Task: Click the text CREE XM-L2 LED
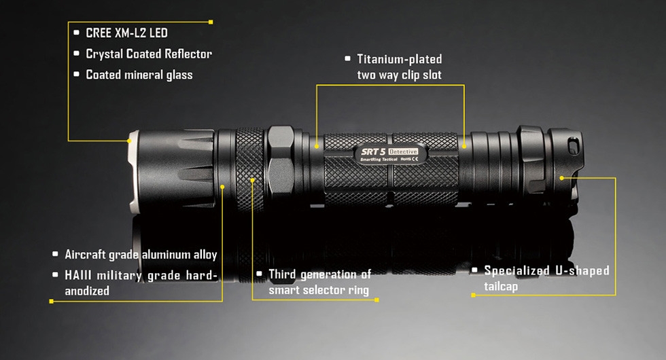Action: pyautogui.click(x=126, y=33)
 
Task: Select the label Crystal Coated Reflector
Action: pyautogui.click(x=149, y=54)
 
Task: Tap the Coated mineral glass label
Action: pyautogui.click(x=139, y=75)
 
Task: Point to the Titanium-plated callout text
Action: pyautogui.click(x=400, y=59)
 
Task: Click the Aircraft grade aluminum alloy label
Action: pyautogui.click(x=141, y=254)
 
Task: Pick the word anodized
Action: pyautogui.click(x=87, y=291)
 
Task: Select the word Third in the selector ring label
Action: pyautogui.click(x=282, y=274)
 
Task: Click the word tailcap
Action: pyautogui.click(x=501, y=287)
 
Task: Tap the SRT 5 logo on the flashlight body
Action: pyautogui.click(x=373, y=151)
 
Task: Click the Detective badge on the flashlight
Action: pyautogui.click(x=403, y=151)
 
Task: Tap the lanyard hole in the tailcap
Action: pyautogui.click(x=573, y=147)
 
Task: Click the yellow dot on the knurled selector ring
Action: pyautogui.click(x=252, y=180)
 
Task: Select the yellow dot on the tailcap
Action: pyautogui.click(x=561, y=178)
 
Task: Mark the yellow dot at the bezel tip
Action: pyautogui.click(x=130, y=140)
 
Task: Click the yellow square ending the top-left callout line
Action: pyautogui.click(x=211, y=22)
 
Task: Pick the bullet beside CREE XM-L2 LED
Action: pyautogui.click(x=76, y=33)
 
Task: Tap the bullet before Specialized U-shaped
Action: pyautogui.click(x=475, y=270)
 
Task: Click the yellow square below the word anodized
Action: pyautogui.click(x=52, y=301)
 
